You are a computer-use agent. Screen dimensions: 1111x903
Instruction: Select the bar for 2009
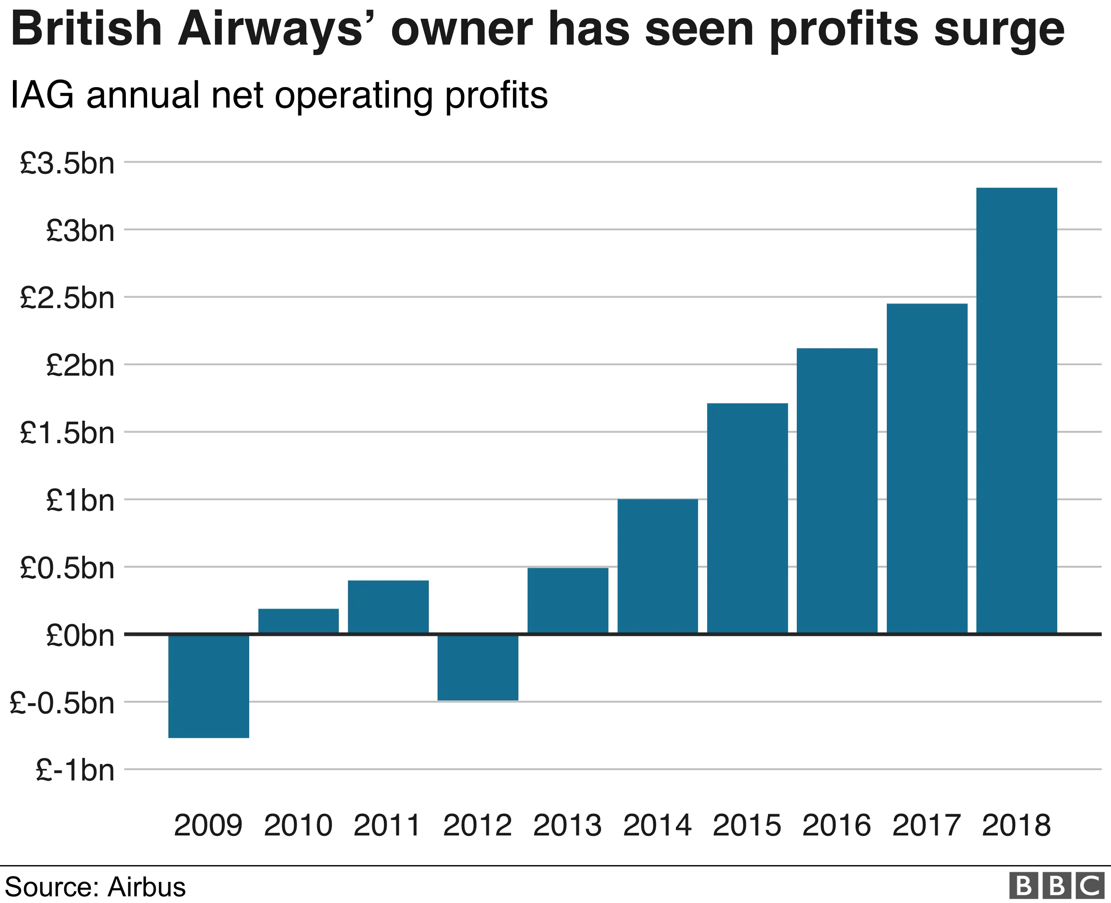click(x=208, y=685)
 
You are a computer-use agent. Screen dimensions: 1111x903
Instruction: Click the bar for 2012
click(x=478, y=667)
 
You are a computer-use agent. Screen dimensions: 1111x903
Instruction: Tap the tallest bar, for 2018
click(x=1016, y=411)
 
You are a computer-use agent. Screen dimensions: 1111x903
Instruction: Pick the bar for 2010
click(x=298, y=621)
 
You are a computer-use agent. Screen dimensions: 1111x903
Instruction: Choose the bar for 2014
click(x=658, y=567)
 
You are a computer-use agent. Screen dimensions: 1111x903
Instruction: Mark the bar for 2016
click(x=837, y=491)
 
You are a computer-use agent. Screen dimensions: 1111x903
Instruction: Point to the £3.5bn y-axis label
click(x=67, y=163)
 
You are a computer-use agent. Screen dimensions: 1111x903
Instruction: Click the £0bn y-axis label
click(x=80, y=636)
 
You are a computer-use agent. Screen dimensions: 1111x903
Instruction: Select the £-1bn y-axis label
click(x=75, y=770)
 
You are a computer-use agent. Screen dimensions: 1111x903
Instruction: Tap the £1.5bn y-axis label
click(x=67, y=433)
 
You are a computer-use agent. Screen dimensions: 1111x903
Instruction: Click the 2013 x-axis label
click(x=567, y=825)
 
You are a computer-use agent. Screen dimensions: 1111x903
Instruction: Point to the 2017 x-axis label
click(x=926, y=825)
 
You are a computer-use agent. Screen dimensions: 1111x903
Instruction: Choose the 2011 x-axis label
click(x=387, y=825)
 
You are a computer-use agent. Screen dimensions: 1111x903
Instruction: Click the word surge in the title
click(x=999, y=30)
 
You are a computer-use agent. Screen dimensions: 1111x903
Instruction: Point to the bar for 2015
click(x=747, y=519)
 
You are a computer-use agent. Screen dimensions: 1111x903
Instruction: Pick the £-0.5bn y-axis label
click(x=62, y=703)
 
